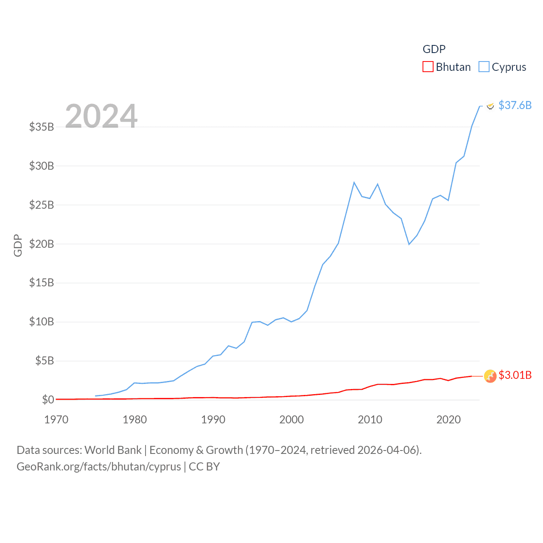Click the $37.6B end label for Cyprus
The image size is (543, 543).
point(515,105)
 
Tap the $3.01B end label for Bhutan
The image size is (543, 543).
point(515,375)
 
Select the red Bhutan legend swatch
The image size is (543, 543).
point(428,67)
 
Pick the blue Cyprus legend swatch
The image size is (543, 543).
point(484,67)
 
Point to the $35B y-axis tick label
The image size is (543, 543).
point(42,127)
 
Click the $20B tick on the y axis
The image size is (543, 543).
point(42,244)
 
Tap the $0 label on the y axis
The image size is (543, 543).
point(48,400)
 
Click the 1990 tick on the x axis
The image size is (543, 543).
point(213,420)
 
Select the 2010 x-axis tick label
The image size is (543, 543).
point(370,420)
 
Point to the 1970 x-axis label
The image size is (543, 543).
point(56,420)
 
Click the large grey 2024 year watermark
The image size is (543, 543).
point(101,116)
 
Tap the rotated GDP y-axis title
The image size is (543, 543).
point(18,245)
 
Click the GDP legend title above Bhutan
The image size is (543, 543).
point(434,49)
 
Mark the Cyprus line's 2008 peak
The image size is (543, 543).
point(354,182)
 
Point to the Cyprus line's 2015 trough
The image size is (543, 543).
point(409,244)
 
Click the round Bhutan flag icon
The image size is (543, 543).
point(490,376)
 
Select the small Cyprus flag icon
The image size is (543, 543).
point(490,106)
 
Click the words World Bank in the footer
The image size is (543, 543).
point(113,450)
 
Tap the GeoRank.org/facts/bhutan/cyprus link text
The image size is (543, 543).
point(99,467)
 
